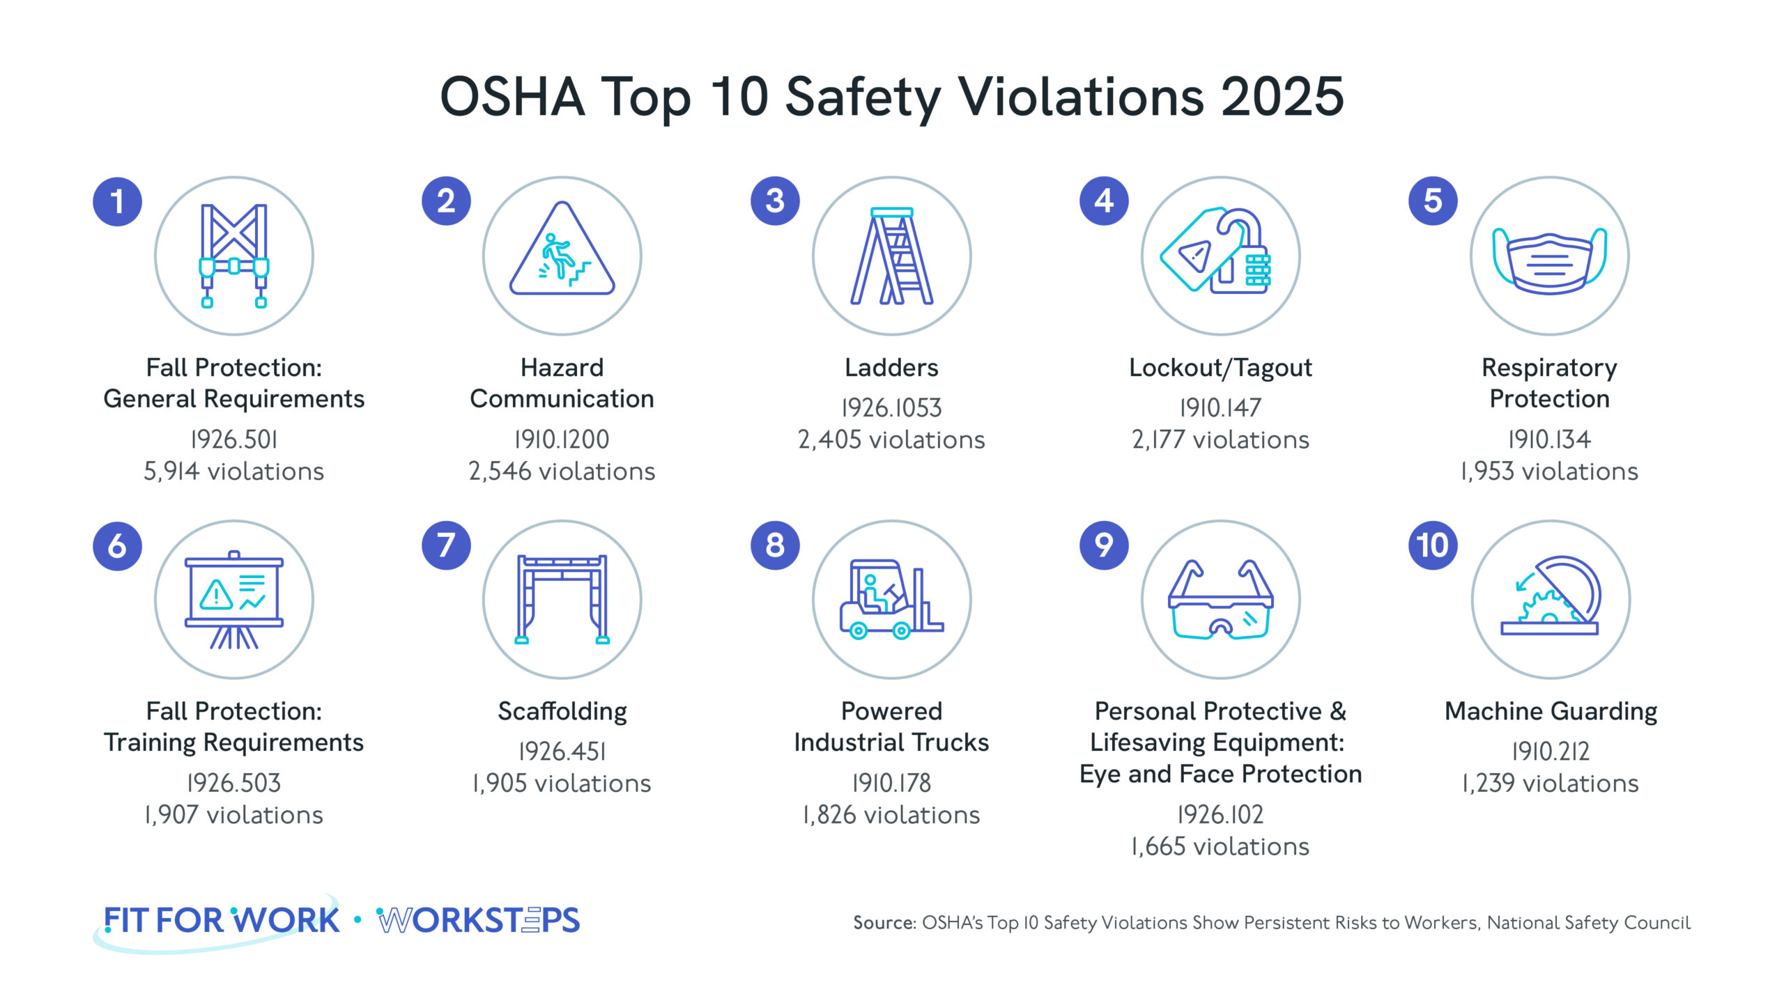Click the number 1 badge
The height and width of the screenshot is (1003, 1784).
pyautogui.click(x=117, y=202)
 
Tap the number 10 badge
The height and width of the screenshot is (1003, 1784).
pyautogui.click(x=1433, y=545)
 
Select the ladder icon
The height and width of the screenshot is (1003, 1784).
pyautogui.click(x=892, y=256)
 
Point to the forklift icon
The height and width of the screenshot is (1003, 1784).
pyautogui.click(x=891, y=600)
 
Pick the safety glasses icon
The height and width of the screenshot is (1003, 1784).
pyautogui.click(x=1221, y=600)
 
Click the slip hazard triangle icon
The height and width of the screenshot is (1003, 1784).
pyautogui.click(x=562, y=251)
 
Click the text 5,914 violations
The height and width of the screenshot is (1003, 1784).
pyautogui.click(x=234, y=472)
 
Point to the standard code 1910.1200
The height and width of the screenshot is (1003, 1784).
pyautogui.click(x=562, y=440)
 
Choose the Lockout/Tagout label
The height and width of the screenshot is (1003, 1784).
pyautogui.click(x=1220, y=368)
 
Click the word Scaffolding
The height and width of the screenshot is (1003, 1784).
pyautogui.click(x=562, y=711)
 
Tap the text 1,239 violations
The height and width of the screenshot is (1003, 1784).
pyautogui.click(x=1551, y=784)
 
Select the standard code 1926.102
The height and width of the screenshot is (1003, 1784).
pyautogui.click(x=1220, y=814)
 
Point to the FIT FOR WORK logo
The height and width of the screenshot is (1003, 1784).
pyautogui.click(x=222, y=921)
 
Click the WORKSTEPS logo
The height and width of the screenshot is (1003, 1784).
pyautogui.click(x=478, y=921)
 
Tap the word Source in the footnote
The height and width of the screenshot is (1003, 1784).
pyautogui.click(x=884, y=923)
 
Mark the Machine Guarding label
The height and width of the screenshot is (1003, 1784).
pyautogui.click(x=1551, y=711)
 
